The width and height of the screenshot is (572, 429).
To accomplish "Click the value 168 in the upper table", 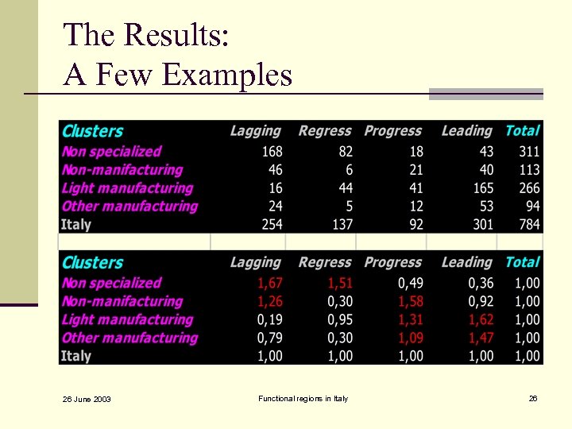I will tap(271, 152).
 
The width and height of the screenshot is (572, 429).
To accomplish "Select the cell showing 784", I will tap(528, 225).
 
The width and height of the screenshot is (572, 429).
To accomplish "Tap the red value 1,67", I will tap(270, 284).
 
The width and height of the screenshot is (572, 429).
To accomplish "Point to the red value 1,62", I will tap(481, 320).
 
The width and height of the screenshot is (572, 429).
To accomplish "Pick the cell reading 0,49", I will tap(410, 284).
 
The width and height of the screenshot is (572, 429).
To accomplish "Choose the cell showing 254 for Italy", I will tap(271, 225).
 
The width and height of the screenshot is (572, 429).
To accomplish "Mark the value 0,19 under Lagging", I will tap(270, 320).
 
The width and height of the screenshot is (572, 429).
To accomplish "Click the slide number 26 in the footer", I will tap(533, 398).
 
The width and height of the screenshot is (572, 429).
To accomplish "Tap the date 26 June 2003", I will tap(87, 399).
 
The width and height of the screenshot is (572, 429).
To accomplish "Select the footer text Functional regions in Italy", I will tap(303, 398).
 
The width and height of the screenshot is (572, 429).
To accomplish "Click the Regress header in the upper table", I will tap(324, 131).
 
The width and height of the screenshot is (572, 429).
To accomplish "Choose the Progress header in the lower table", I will tap(392, 262).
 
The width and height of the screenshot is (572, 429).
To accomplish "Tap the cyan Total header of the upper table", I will tap(522, 131).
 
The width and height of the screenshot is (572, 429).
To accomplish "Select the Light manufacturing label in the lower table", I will tap(127, 320).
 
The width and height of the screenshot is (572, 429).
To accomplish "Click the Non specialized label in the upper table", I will tap(111, 152).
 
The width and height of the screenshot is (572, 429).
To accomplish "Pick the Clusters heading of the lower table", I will tap(92, 263).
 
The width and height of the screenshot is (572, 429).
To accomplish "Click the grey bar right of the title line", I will tap(485, 94).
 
